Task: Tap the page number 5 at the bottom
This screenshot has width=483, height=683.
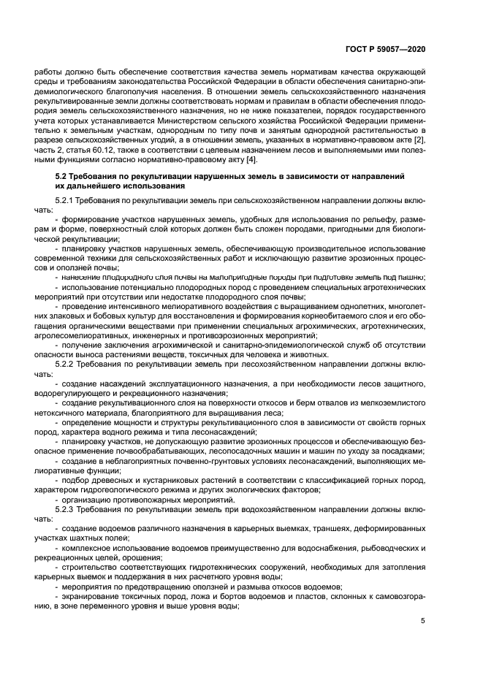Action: (424, 621)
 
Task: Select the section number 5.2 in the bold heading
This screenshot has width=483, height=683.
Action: (62, 177)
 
